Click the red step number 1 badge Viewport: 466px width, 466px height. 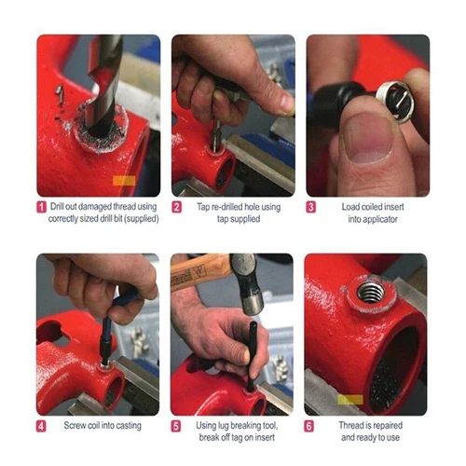click(41, 206)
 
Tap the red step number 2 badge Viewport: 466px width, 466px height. click(176, 206)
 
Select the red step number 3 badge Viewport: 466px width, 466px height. click(311, 206)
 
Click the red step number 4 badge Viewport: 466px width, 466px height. click(41, 426)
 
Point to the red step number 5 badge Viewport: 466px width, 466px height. click(176, 426)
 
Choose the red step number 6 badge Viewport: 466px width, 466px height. click(311, 426)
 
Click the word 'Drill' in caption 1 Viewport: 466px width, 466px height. click(61, 206)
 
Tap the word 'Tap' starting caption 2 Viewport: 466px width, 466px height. click(198, 206)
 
